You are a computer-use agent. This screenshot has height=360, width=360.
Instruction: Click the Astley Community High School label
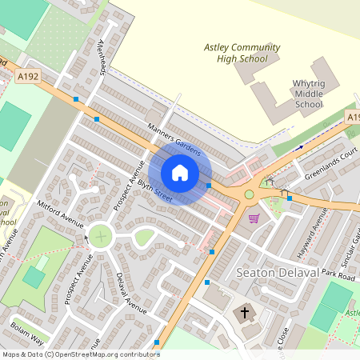click(242, 53)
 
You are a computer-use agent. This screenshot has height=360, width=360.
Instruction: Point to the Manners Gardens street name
click(174, 138)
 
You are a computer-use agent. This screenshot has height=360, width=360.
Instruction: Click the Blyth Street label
click(154, 190)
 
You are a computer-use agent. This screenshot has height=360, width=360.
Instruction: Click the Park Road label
click(338, 274)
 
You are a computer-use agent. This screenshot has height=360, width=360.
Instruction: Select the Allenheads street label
click(102, 58)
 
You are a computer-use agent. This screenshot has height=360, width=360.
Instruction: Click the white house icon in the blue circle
click(180, 173)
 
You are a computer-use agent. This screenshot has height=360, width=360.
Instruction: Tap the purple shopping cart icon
click(254, 218)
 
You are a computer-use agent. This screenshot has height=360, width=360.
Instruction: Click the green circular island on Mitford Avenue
click(100, 236)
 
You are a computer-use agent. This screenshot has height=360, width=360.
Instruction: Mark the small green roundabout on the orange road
click(249, 194)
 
